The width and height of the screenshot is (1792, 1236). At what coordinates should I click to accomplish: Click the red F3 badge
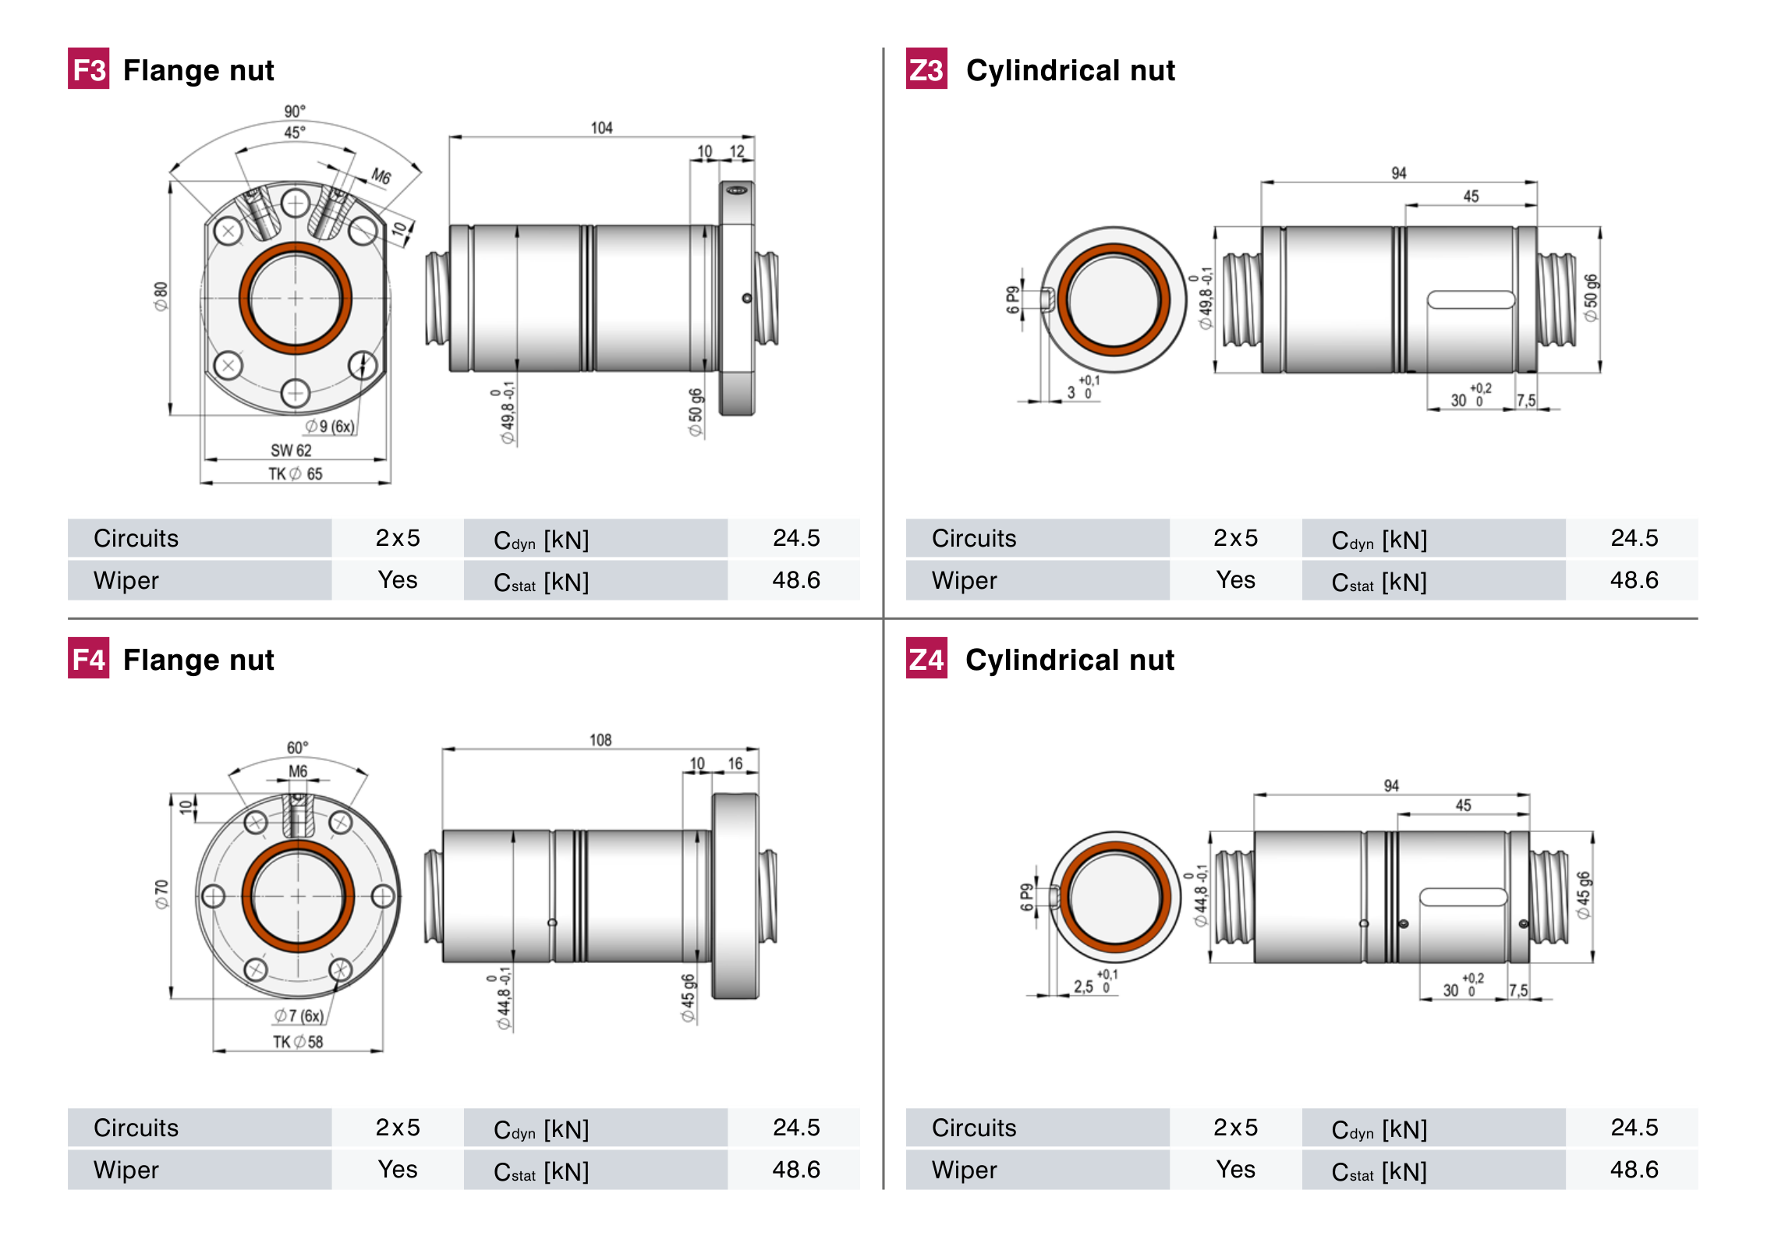click(88, 69)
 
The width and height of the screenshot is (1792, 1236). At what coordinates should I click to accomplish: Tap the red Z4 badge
click(926, 659)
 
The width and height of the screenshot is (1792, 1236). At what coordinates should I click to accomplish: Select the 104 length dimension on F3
click(601, 128)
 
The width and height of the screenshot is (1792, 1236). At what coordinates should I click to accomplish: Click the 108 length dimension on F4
click(600, 740)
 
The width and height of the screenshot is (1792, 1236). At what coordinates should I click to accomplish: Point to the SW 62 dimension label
click(291, 451)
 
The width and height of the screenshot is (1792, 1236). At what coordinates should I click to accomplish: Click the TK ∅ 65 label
click(296, 474)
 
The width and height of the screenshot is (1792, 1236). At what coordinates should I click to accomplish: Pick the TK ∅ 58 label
click(297, 1042)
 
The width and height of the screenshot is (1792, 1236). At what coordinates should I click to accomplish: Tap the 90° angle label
click(295, 112)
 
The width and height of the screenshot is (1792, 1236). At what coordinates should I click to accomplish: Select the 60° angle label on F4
click(297, 748)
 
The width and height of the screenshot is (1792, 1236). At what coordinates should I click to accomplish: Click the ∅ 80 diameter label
click(161, 296)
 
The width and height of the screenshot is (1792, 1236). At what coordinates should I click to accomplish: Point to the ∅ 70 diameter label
click(161, 894)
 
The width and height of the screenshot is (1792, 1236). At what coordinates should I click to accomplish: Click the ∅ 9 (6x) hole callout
click(330, 427)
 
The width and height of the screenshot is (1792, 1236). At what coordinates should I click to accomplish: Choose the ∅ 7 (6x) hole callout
click(299, 1016)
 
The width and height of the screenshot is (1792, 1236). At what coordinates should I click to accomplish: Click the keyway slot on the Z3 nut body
click(1470, 300)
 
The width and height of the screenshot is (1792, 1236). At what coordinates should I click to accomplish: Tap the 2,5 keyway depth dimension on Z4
click(1083, 986)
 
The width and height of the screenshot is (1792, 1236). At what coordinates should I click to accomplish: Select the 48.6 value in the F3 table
click(795, 580)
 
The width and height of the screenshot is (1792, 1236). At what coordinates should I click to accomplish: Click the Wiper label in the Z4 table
click(964, 1170)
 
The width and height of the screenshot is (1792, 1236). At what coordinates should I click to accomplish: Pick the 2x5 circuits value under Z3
click(1235, 538)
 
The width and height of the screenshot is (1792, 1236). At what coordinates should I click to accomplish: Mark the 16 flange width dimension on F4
click(735, 763)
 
